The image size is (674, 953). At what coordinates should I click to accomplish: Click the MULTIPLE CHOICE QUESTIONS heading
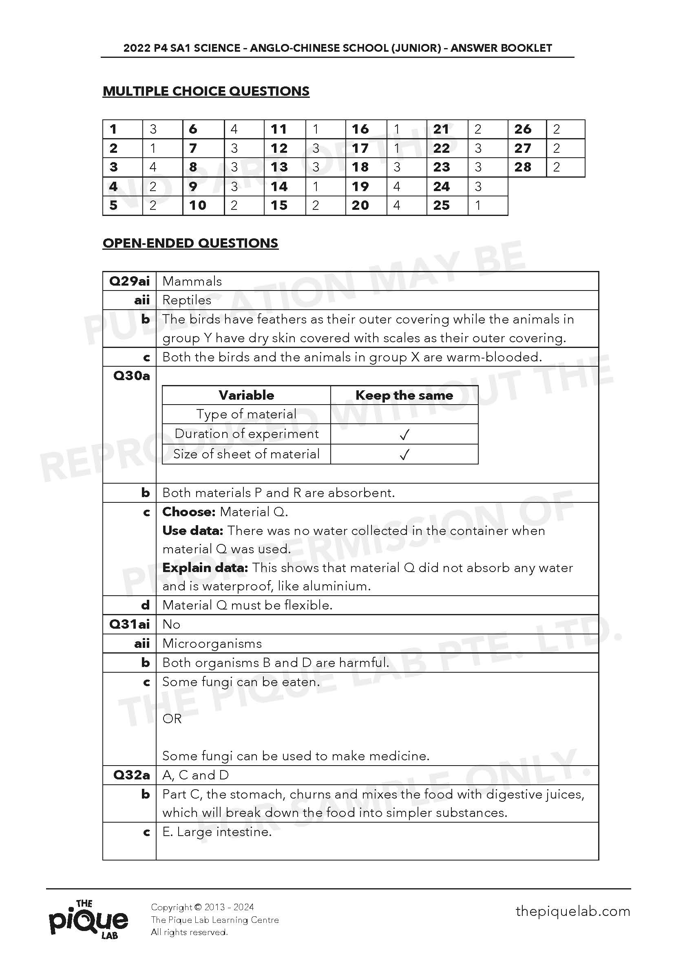pos(206,91)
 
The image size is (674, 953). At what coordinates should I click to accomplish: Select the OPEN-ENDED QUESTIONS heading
pos(190,243)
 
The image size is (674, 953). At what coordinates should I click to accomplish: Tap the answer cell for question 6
pos(244,129)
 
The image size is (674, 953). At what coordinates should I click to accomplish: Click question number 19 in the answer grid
pos(360,187)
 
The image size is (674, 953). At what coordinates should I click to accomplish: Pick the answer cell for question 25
pos(487,205)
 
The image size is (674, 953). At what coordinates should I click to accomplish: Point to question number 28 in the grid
pos(523,167)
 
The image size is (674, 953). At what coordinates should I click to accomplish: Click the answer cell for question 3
pos(162,167)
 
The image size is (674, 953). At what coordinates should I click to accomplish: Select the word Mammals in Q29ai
pos(192,282)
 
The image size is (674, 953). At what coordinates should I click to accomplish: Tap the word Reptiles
pos(187,300)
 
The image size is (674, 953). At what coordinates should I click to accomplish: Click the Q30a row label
pos(131,376)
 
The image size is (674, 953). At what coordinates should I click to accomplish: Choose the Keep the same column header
pos(404,395)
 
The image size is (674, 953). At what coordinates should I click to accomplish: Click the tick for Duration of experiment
pos(404,435)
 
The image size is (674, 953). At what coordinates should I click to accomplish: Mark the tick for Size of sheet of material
pos(404,455)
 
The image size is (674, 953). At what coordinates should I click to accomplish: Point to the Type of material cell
pos(246,414)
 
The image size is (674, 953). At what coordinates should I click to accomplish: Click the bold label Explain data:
pos(205,568)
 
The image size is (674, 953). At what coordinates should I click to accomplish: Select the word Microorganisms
pos(212,644)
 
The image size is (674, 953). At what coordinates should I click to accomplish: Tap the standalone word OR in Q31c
pos(172,719)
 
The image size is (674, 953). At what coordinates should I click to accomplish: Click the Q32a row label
pos(131,775)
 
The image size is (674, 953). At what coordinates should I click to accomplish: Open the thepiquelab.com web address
pos(572,911)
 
